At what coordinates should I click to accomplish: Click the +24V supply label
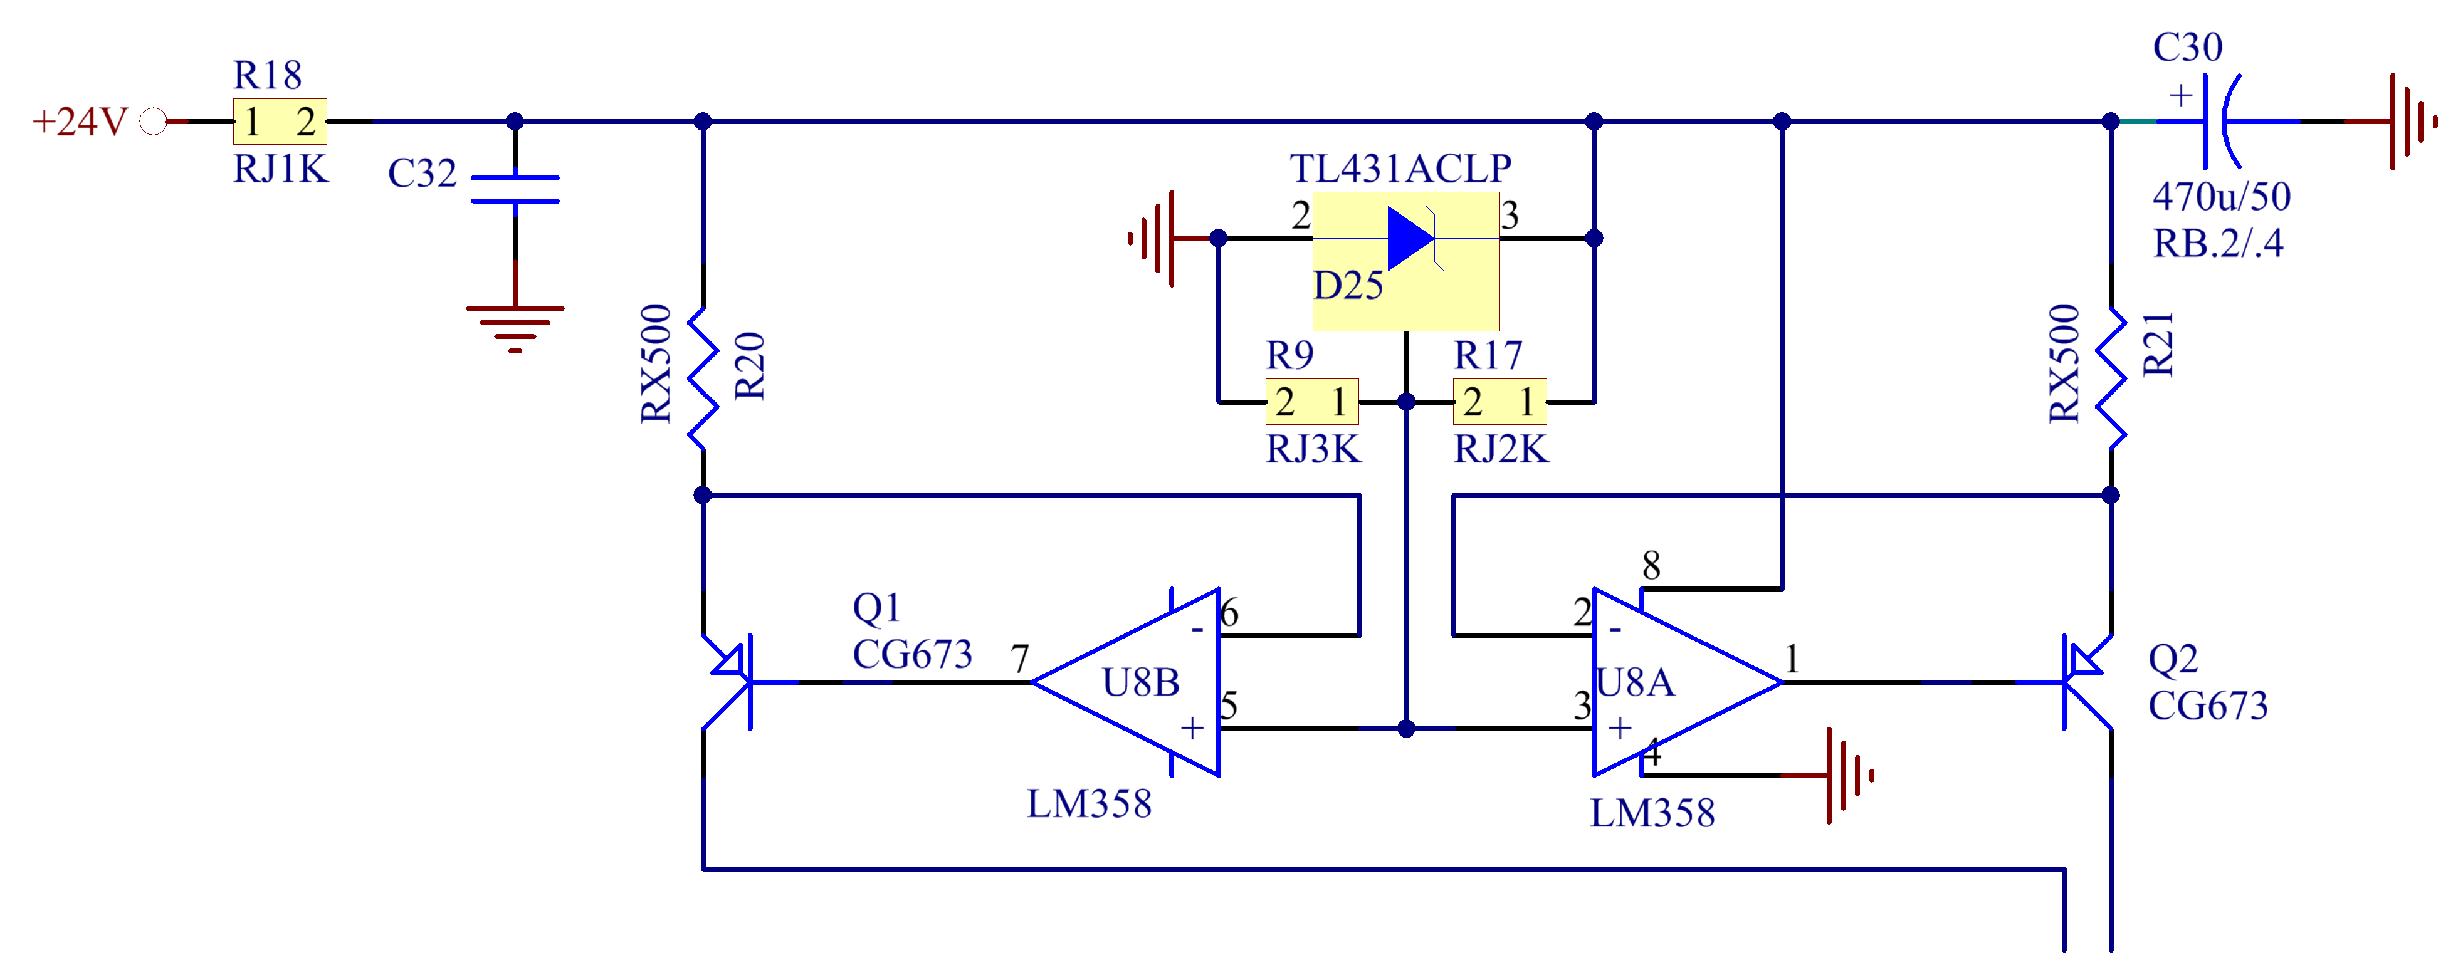pyautogui.click(x=80, y=122)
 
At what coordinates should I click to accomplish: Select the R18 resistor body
pyautogui.click(x=279, y=122)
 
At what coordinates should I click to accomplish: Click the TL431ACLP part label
pyautogui.click(x=1400, y=169)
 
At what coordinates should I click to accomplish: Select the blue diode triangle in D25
pyautogui.click(x=1409, y=237)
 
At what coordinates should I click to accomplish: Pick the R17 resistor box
pyautogui.click(x=1499, y=402)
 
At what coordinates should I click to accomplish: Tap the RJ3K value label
pyautogui.click(x=1313, y=449)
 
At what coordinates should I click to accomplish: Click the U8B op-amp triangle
pyautogui.click(x=1138, y=682)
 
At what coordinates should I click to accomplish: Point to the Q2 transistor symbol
pyautogui.click(x=2075, y=682)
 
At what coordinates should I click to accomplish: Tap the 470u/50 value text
pyautogui.click(x=2221, y=197)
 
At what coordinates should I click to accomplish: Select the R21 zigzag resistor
pyautogui.click(x=2111, y=378)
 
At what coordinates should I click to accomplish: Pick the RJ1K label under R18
pyautogui.click(x=281, y=169)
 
